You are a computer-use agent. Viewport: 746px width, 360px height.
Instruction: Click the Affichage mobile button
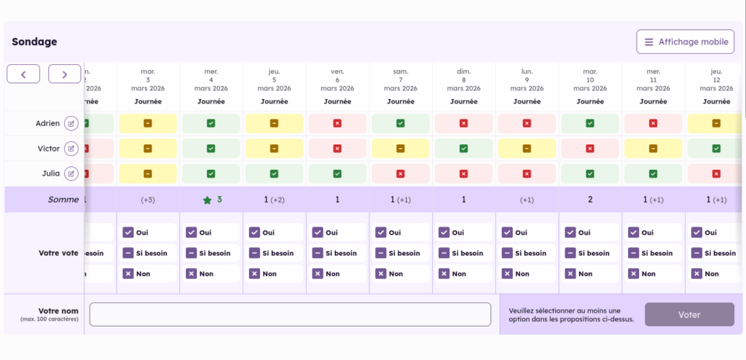click(x=685, y=42)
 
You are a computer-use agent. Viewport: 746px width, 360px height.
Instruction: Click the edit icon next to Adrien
click(x=71, y=123)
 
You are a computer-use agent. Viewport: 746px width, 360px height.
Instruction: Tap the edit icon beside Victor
click(x=71, y=149)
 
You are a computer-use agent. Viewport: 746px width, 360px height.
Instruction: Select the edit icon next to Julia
click(x=71, y=173)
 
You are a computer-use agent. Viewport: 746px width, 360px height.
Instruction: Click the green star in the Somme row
click(x=207, y=200)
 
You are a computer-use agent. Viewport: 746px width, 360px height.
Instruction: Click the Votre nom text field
click(x=290, y=314)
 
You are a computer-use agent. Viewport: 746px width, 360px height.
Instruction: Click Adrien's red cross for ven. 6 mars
click(x=337, y=123)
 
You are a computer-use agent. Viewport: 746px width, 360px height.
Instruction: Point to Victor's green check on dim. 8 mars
click(x=464, y=149)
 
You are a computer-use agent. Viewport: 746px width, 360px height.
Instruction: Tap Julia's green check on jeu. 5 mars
click(x=274, y=173)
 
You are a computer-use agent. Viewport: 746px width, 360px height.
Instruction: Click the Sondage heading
click(x=34, y=42)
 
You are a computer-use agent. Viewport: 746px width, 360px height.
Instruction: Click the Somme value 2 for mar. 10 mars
click(x=590, y=200)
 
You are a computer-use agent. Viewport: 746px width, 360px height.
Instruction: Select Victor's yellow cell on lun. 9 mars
click(x=527, y=149)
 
